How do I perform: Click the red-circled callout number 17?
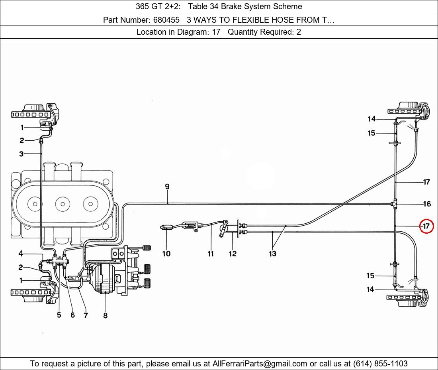pos(426,226)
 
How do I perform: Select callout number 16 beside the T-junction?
pos(427,204)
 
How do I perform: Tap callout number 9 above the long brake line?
pos(167,187)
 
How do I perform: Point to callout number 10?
pos(166,254)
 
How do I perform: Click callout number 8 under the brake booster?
pos(105,315)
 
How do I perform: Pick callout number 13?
pos(272,254)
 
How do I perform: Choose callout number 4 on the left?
pos(21,254)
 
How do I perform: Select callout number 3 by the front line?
pos(21,154)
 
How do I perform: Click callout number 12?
pos(233,254)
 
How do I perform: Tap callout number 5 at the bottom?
pos(59,315)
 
